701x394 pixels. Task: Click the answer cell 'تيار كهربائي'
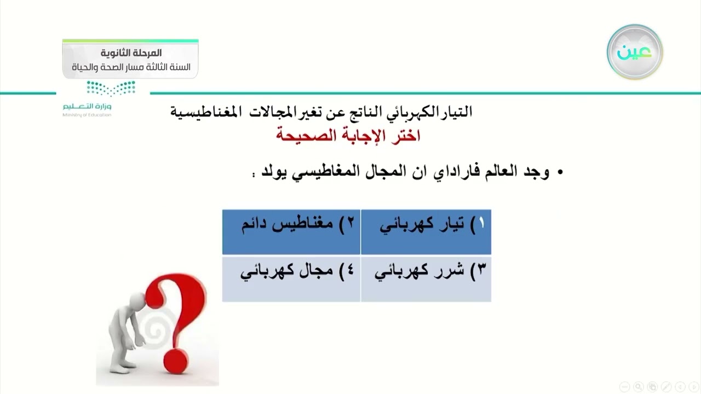426,231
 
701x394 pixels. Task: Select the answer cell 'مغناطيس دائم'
291,231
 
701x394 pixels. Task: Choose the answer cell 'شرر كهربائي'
426,279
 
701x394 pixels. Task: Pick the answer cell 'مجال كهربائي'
291,279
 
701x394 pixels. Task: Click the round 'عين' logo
635,52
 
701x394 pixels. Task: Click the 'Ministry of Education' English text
87,115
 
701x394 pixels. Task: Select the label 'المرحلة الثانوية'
131,53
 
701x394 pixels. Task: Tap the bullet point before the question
560,173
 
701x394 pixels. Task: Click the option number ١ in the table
481,224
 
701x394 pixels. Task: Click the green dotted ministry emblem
111,88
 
